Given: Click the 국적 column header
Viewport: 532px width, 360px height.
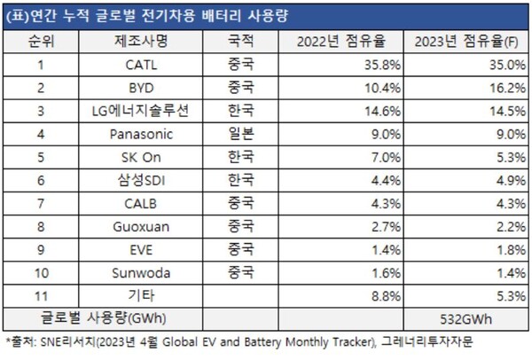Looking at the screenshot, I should (239, 42).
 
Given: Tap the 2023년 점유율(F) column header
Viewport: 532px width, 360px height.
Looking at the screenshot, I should (466, 42).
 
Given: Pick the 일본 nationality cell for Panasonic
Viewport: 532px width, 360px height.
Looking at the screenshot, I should (239, 134).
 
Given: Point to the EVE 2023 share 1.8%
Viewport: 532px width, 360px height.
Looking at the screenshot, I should (505, 249).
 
